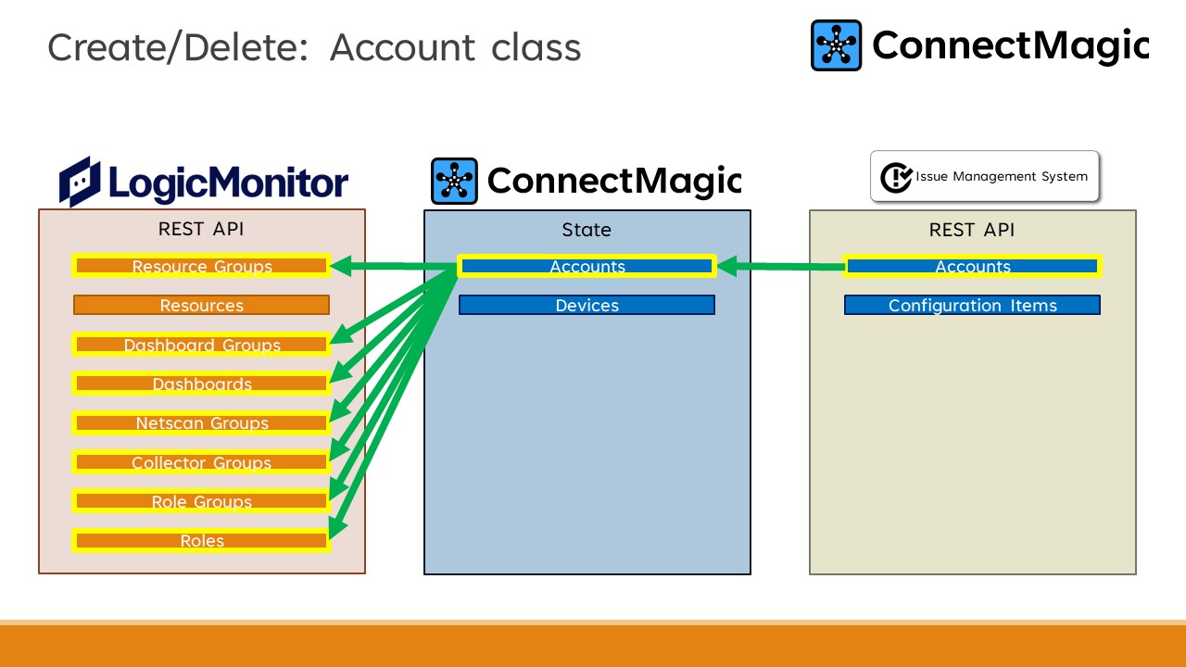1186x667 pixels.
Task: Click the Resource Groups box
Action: (x=201, y=266)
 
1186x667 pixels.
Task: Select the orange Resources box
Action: (x=201, y=305)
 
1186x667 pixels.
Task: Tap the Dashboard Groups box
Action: (x=201, y=345)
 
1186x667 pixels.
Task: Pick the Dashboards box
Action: (x=201, y=384)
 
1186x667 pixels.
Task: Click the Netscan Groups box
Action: (x=201, y=422)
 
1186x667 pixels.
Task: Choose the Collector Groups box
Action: (x=201, y=462)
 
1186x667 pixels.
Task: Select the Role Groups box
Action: (x=201, y=501)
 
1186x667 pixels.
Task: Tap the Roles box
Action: (x=201, y=540)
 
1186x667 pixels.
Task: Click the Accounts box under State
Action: (x=587, y=266)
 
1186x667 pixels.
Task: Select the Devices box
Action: (x=587, y=305)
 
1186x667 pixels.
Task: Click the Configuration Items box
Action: (x=972, y=305)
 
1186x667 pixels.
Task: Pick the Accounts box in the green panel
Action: (x=972, y=266)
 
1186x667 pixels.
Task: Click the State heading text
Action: (x=587, y=230)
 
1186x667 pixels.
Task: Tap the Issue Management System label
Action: (x=1001, y=176)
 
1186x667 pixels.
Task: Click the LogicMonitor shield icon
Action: (x=80, y=181)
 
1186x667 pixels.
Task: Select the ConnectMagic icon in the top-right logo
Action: (x=836, y=45)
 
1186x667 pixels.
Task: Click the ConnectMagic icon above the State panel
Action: (x=454, y=181)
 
